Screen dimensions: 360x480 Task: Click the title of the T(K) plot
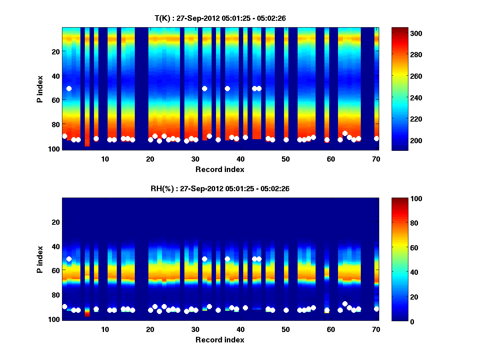tap(220, 18)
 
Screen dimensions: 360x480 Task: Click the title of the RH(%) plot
tap(220, 188)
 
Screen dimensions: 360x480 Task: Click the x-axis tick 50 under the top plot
tap(286, 159)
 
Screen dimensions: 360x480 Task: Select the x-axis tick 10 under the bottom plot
tap(105, 329)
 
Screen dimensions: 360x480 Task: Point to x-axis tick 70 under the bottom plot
tap(376, 329)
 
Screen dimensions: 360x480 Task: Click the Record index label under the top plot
tap(220, 170)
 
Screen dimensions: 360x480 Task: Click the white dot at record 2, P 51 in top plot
tap(69, 88)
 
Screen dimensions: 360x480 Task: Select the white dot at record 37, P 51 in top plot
tap(227, 88)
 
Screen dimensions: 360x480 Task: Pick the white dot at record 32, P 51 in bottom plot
tap(205, 259)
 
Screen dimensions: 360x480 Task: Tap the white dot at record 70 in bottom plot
tap(376, 309)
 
